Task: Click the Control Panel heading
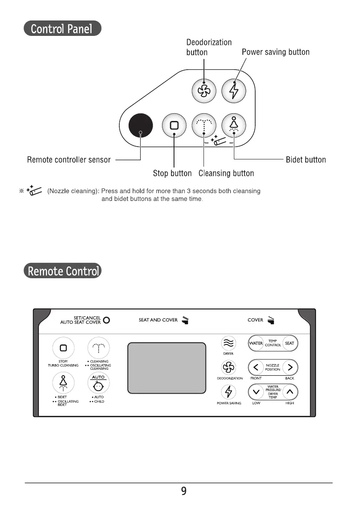pyautogui.click(x=62, y=29)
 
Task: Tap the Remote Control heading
pyautogui.click(x=62, y=271)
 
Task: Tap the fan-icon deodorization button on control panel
pyautogui.click(x=204, y=91)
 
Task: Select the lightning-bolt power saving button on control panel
pyautogui.click(x=234, y=91)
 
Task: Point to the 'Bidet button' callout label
pyautogui.click(x=306, y=160)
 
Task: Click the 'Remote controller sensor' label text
pyautogui.click(x=69, y=160)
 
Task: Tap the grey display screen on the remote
pyautogui.click(x=167, y=368)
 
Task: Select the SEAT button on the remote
pyautogui.click(x=289, y=343)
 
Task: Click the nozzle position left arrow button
pyautogui.click(x=256, y=367)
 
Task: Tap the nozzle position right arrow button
pyautogui.click(x=290, y=367)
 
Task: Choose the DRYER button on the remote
pyautogui.click(x=228, y=343)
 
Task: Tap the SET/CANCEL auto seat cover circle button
pyautogui.click(x=106, y=320)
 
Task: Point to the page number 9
pyautogui.click(x=184, y=491)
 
